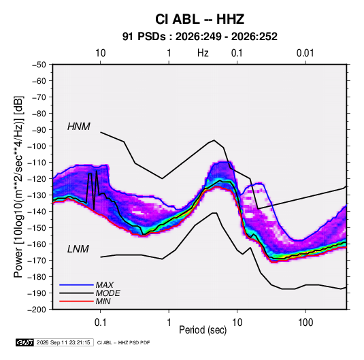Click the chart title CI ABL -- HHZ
(199, 19)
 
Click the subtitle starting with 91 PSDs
(199, 37)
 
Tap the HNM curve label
(79, 127)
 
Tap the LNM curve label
(78, 249)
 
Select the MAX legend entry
(105, 285)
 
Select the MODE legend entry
(107, 293)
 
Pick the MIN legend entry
(103, 301)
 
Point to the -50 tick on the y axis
(39, 65)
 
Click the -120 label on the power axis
(37, 179)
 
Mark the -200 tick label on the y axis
(37, 310)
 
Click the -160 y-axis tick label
(37, 244)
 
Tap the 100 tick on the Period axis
(305, 323)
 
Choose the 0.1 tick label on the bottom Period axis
(100, 323)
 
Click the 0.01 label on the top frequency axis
(305, 53)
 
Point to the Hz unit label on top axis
(203, 53)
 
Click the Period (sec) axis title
(203, 330)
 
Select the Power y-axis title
(18, 187)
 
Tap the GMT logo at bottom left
(25, 342)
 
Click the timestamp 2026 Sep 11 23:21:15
(63, 342)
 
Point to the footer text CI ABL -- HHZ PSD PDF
(124, 342)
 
